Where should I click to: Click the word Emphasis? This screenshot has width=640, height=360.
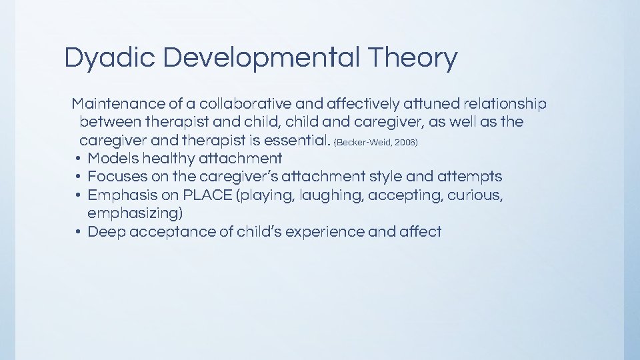click(x=119, y=195)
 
